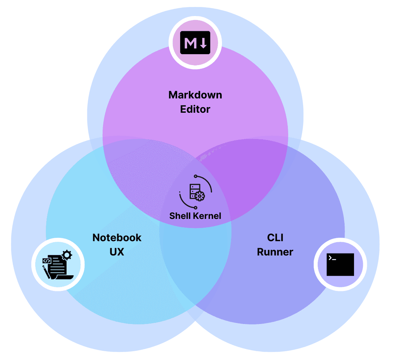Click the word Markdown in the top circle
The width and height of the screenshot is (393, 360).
pyautogui.click(x=195, y=95)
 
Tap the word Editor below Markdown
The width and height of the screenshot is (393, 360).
pyautogui.click(x=195, y=109)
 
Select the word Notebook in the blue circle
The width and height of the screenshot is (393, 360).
pyautogui.click(x=117, y=237)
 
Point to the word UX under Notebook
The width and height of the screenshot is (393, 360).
pyautogui.click(x=117, y=252)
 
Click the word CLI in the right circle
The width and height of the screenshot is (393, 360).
pyautogui.click(x=275, y=237)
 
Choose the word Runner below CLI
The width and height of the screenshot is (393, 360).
pyautogui.click(x=275, y=252)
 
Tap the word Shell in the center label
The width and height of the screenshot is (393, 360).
pyautogui.click(x=180, y=216)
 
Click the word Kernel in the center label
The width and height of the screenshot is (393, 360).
pyautogui.click(x=207, y=216)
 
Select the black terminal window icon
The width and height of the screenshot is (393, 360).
pyautogui.click(x=340, y=264)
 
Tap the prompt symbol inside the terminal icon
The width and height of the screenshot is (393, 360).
pyautogui.click(x=331, y=258)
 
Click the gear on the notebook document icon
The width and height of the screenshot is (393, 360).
pyautogui.click(x=67, y=255)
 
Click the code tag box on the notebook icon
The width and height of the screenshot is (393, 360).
pyautogui.click(x=47, y=260)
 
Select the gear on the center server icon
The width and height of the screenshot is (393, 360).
pyautogui.click(x=200, y=196)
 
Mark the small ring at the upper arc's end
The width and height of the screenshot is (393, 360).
pyautogui.click(x=195, y=176)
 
